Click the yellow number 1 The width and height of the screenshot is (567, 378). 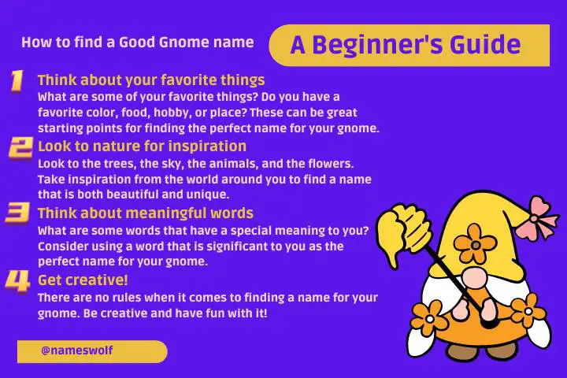pyautogui.click(x=17, y=80)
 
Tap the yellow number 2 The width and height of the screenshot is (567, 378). pyautogui.click(x=20, y=147)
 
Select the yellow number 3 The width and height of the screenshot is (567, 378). pyautogui.click(x=17, y=213)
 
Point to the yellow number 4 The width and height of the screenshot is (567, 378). pyautogui.click(x=17, y=281)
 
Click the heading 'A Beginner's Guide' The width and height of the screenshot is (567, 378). pyautogui.click(x=406, y=45)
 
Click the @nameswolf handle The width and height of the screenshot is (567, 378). pyautogui.click(x=77, y=350)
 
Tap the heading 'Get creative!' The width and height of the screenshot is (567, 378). pyautogui.click(x=83, y=280)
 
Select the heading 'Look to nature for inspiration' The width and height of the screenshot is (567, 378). pyautogui.click(x=142, y=146)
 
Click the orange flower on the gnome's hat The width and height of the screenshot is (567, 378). pyautogui.click(x=475, y=243)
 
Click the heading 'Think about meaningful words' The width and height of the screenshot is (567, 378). pyautogui.click(x=146, y=213)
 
